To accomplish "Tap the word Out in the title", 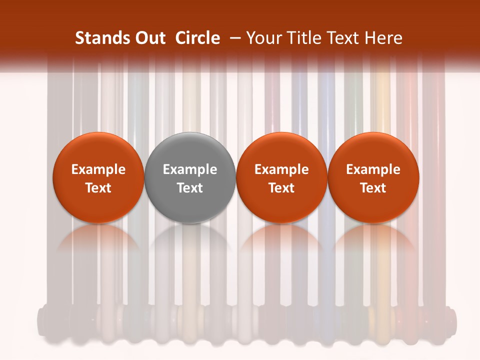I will point(149,38).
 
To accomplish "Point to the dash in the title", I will point(234,38).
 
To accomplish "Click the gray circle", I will point(190,177).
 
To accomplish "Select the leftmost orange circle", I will point(98,177).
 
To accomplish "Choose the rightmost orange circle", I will point(373,177).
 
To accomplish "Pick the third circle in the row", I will point(281,177).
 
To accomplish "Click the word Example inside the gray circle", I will point(190,169).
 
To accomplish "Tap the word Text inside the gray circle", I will point(190,188).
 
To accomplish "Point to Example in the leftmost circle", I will point(98,169).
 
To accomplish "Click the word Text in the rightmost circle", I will point(373,188).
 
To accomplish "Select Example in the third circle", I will point(281,169).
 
